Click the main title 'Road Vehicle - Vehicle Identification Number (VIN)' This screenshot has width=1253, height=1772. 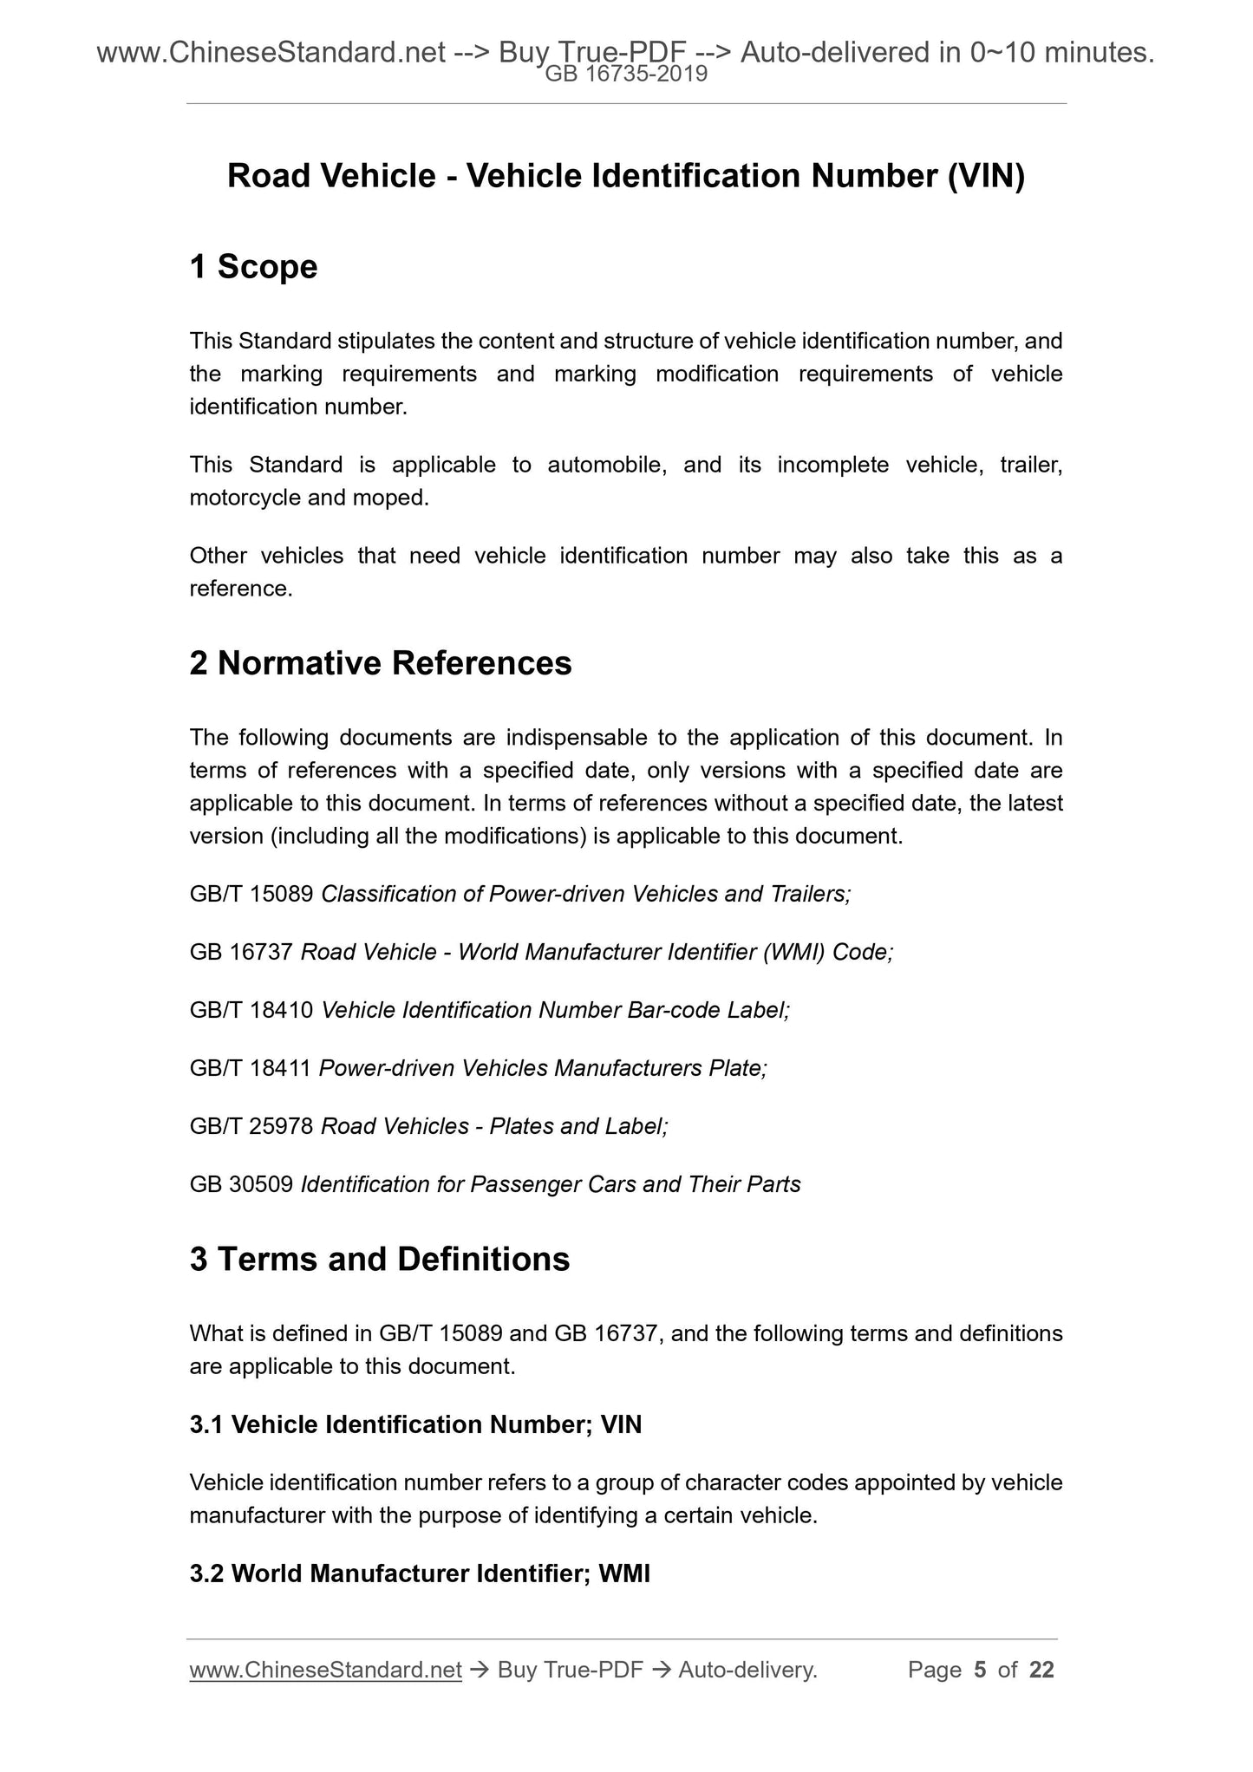coord(625,176)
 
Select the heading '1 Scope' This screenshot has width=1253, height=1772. coord(253,267)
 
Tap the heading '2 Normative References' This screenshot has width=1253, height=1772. coord(380,663)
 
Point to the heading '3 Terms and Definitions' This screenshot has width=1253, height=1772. coord(379,1259)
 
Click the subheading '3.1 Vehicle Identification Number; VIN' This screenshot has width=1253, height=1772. coord(415,1424)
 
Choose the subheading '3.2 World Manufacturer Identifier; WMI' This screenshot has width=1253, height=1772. coord(420,1573)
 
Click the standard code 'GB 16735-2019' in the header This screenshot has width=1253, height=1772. coord(625,75)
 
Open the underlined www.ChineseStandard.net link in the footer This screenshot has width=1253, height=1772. coord(325,1670)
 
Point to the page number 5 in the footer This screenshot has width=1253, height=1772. coord(980,1670)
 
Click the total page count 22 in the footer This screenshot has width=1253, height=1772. coord(1041,1670)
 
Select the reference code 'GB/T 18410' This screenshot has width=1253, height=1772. coord(251,1010)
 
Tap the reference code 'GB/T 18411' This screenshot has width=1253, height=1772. coord(250,1068)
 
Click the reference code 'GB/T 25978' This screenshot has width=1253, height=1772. coord(251,1126)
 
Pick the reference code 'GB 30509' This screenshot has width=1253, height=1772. coord(240,1184)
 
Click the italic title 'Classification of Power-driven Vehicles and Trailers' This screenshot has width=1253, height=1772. coord(585,894)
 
